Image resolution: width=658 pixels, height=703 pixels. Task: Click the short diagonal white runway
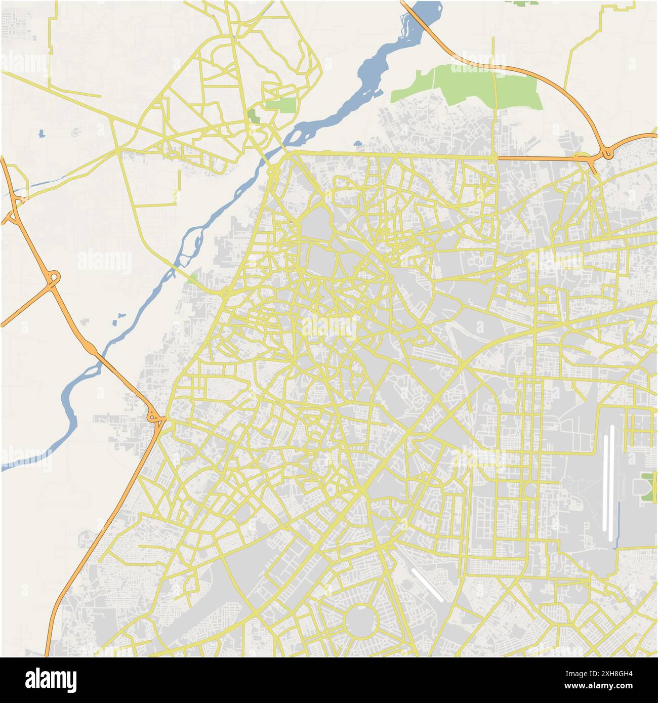coord(428,585)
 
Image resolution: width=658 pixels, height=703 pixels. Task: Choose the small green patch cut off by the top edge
coord(521,3)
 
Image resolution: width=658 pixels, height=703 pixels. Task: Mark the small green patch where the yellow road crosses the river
coord(193,278)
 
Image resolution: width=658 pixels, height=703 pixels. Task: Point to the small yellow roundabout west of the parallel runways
coord(529,490)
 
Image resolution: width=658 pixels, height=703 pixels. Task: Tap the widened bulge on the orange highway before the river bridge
coord(91,348)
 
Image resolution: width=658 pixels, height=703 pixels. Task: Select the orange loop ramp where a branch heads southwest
coord(53,278)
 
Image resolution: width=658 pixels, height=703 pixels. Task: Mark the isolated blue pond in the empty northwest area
coord(40,134)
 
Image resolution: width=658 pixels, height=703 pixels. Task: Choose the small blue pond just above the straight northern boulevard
coord(358,143)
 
